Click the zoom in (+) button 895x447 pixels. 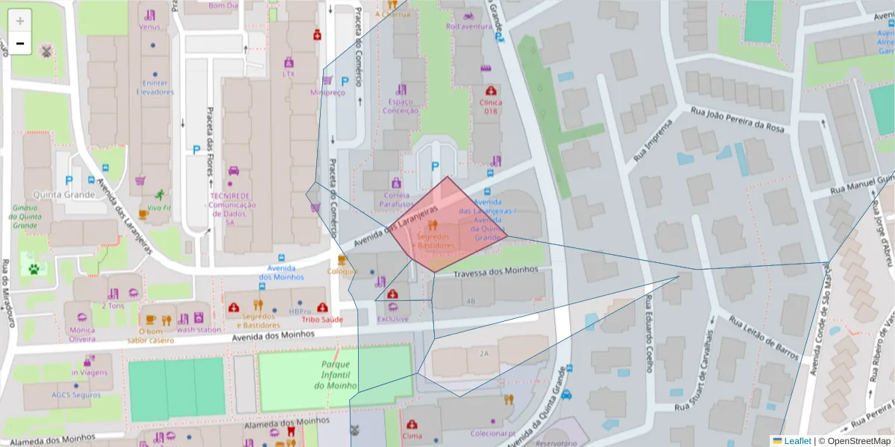tap(20, 21)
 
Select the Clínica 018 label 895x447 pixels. tap(490, 107)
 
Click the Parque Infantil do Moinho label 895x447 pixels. tap(336, 375)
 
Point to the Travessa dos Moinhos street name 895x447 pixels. tap(495, 270)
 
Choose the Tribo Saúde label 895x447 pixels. tap(322, 319)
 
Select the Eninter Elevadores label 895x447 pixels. tap(154, 88)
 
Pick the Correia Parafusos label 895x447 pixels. tap(395, 199)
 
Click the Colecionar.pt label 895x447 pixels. tap(493, 433)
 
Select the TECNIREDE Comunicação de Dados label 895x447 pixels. tap(232, 209)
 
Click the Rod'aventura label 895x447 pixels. tap(469, 27)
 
